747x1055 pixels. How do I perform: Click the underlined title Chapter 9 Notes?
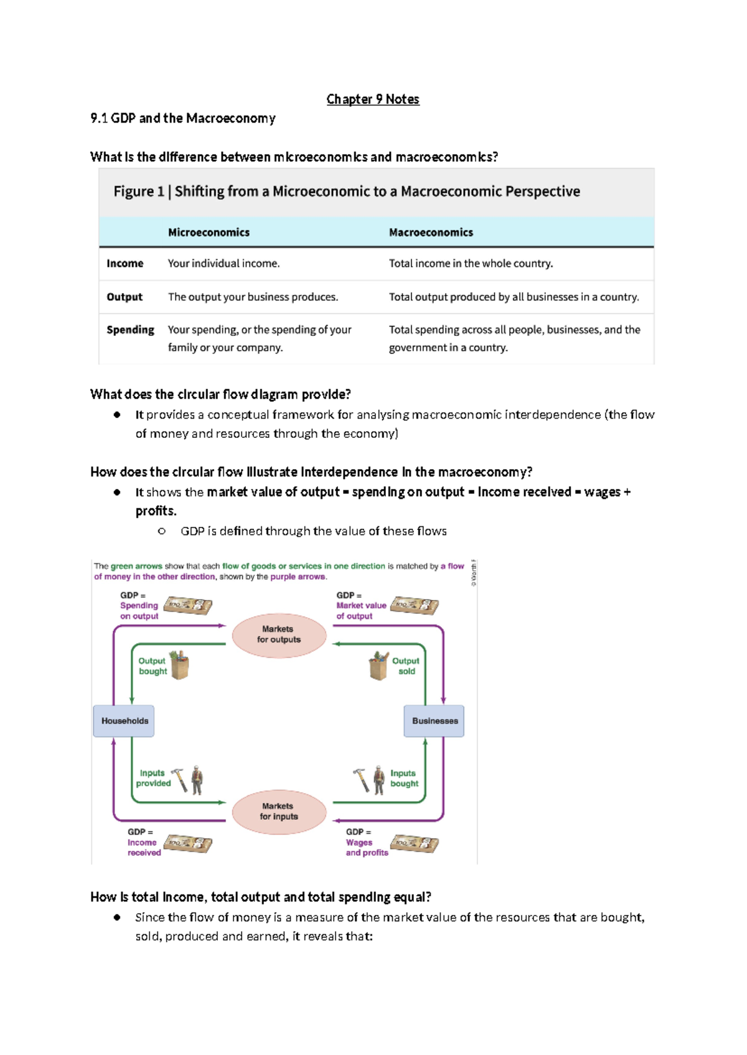tap(373, 100)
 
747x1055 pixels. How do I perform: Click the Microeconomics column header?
tap(209, 232)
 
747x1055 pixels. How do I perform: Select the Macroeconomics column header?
tap(431, 232)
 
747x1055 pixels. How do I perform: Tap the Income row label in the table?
tap(125, 263)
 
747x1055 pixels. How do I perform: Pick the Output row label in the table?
tap(125, 297)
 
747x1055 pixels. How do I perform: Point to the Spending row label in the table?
tap(130, 330)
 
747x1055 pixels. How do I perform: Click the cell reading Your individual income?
tap(224, 263)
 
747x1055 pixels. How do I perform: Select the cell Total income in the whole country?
tap(471, 263)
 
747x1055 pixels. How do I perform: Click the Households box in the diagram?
tap(124, 720)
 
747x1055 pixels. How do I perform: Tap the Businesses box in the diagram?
tap(434, 720)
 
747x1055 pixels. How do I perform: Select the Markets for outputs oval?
tap(279, 634)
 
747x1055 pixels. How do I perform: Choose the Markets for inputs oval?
tap(279, 812)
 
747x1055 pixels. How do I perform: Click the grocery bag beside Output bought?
tap(179, 665)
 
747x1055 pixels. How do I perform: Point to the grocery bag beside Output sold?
tap(378, 666)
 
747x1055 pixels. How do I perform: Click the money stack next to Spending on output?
tap(187, 605)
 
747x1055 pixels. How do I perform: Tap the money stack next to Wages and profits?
tap(414, 843)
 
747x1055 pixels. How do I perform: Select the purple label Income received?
tap(144, 847)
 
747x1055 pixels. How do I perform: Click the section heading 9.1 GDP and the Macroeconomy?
tap(183, 118)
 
